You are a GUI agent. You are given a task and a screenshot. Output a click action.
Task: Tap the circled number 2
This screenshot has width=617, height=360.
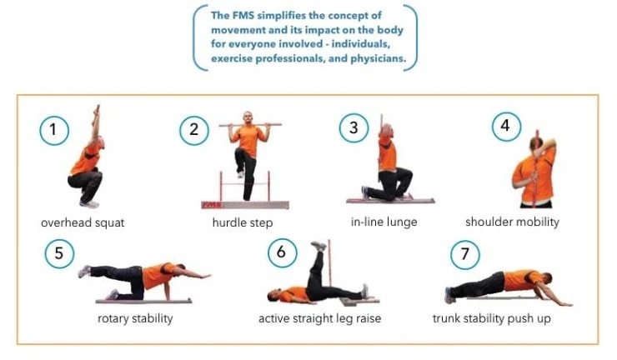click(x=193, y=129)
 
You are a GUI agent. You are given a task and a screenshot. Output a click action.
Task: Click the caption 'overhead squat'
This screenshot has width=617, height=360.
click(x=83, y=222)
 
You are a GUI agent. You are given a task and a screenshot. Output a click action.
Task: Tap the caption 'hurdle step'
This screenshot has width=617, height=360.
click(x=242, y=222)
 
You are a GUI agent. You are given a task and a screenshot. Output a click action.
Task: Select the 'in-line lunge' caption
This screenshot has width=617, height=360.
click(x=384, y=222)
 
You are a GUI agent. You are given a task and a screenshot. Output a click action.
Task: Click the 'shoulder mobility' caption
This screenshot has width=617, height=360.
click(x=512, y=222)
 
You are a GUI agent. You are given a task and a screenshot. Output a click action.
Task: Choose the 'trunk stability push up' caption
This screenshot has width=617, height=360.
click(x=491, y=318)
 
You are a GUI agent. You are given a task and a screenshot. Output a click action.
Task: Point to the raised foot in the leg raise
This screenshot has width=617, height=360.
click(x=318, y=246)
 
